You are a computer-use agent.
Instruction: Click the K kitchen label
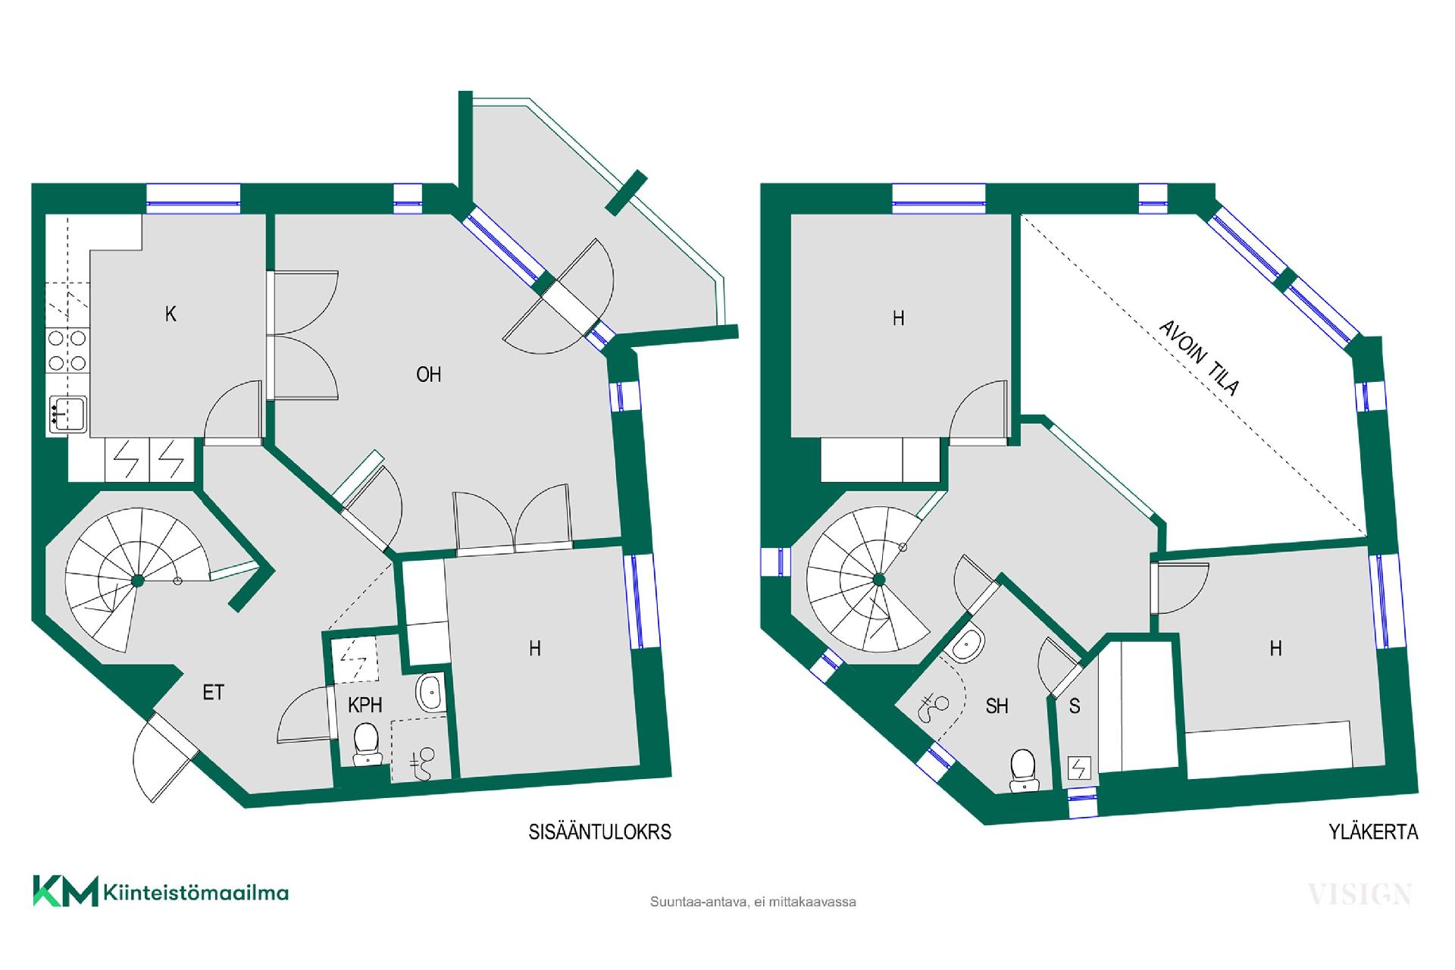click(171, 314)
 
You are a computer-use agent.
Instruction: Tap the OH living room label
click(429, 374)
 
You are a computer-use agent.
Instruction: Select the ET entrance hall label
click(214, 692)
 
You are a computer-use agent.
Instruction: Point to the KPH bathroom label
click(365, 706)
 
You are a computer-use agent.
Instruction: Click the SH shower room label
click(997, 706)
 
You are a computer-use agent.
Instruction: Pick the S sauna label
click(1075, 706)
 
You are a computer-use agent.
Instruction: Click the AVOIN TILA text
click(1200, 357)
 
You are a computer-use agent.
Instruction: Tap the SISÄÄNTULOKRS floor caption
click(600, 832)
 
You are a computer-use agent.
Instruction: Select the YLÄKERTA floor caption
click(1373, 832)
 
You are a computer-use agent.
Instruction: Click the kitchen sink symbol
click(67, 415)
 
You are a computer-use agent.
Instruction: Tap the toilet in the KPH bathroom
click(368, 744)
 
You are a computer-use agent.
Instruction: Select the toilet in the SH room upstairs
click(1023, 771)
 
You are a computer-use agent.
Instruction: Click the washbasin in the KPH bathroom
click(431, 693)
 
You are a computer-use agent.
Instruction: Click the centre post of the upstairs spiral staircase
click(879, 580)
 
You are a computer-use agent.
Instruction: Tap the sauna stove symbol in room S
click(1078, 769)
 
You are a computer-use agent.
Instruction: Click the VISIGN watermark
click(1360, 894)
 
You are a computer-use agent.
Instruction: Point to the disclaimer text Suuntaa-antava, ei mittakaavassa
click(753, 903)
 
